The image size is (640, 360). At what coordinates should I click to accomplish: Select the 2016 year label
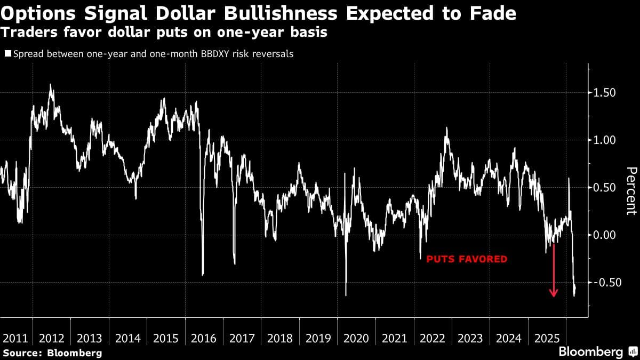(x=204, y=338)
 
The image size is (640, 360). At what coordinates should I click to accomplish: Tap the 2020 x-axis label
(x=356, y=338)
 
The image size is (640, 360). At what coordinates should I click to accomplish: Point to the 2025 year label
(x=547, y=338)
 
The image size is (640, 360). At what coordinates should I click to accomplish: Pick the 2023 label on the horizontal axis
(x=470, y=338)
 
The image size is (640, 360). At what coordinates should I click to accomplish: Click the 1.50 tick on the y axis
(x=605, y=93)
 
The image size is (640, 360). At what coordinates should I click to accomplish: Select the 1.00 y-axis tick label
(x=605, y=140)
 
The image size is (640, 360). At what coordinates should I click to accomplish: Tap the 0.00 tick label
(x=605, y=235)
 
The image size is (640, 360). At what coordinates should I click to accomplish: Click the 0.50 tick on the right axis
(x=605, y=188)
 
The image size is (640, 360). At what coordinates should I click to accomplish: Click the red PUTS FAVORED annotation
(x=466, y=259)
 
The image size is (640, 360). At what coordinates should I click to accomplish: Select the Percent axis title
(x=631, y=190)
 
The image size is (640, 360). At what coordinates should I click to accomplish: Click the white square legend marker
(x=7, y=54)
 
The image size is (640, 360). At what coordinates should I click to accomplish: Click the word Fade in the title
(x=494, y=13)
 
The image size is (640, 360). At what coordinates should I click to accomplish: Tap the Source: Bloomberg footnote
(x=52, y=353)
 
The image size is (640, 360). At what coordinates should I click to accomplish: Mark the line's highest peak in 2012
(x=51, y=84)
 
